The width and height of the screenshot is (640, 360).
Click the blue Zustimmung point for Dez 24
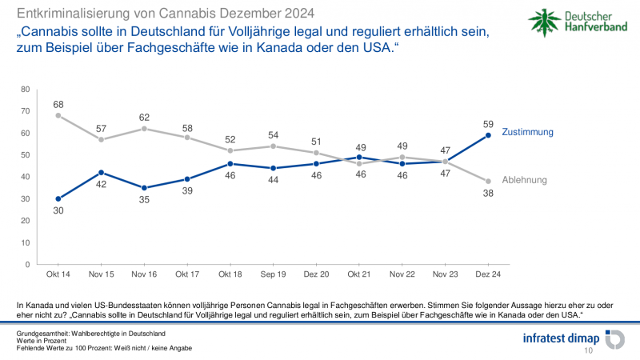(x=489, y=135)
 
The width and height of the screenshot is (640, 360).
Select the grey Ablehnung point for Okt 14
(x=58, y=115)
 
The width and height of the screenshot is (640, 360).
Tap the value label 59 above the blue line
(x=489, y=123)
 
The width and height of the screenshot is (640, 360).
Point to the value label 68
(x=58, y=103)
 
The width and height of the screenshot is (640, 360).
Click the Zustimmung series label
(x=528, y=131)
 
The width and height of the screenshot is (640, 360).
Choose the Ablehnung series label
(x=524, y=180)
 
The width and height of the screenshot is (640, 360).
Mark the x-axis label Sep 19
(x=274, y=274)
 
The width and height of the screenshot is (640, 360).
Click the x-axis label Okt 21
(x=359, y=274)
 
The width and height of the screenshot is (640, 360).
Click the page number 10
(x=589, y=350)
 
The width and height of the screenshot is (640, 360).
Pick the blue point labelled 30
(x=58, y=198)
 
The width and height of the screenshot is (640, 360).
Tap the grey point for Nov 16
(x=145, y=128)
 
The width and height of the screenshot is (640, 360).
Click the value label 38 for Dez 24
(x=489, y=193)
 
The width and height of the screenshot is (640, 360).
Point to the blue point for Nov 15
(x=102, y=172)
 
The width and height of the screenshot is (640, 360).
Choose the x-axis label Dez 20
(x=317, y=274)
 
